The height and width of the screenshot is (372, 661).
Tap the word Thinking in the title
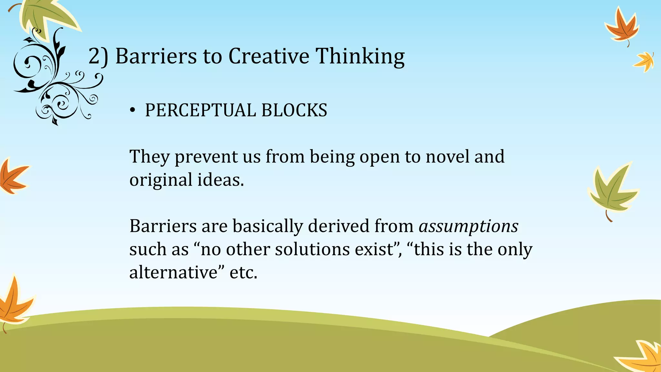pos(360,57)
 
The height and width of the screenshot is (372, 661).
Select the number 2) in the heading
pos(98,57)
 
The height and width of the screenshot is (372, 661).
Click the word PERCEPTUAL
pos(200,110)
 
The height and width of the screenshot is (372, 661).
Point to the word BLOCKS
pos(294,110)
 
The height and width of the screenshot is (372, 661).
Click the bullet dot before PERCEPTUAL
pos(132,111)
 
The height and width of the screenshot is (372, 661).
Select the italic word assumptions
pos(468,226)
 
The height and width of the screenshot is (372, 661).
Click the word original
pos(161,180)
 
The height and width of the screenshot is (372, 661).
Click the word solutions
pos(312,249)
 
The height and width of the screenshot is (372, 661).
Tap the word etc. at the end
pos(243,273)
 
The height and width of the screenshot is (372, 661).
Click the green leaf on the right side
pos(612,191)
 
